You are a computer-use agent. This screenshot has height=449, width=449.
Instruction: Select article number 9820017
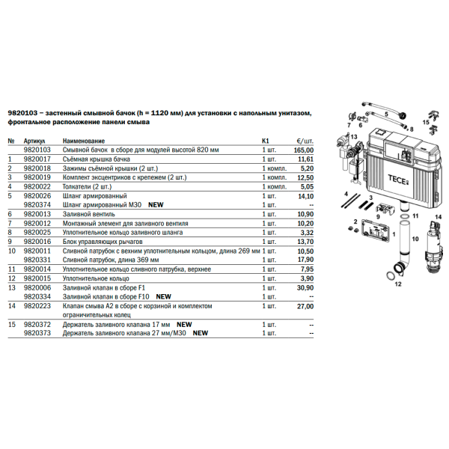coord(37,159)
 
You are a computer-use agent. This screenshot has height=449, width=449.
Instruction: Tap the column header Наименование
coord(84,141)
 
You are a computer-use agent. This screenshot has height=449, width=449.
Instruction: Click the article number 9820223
coord(37,305)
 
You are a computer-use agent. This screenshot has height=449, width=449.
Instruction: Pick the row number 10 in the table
coord(11,251)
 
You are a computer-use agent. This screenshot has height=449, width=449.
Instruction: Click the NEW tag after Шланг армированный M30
coord(156,204)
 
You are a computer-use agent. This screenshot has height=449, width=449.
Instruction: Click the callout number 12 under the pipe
coord(399,284)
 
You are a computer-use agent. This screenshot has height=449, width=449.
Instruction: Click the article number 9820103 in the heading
coord(22,114)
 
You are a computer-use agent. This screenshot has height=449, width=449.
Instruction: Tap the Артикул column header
coord(34,141)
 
